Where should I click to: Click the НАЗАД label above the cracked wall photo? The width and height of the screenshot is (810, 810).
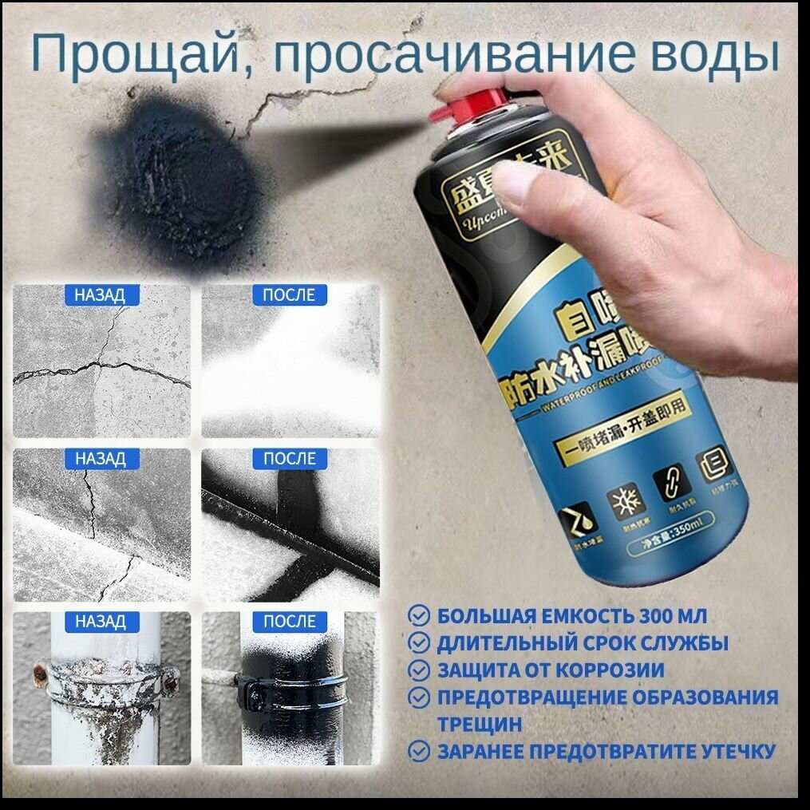[x=100, y=295]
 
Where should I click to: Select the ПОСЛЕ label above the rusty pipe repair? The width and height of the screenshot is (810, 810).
[x=289, y=622]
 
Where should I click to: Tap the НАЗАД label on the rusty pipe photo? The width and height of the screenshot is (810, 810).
[x=100, y=622]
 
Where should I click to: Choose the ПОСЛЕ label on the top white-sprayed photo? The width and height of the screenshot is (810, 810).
[x=289, y=295]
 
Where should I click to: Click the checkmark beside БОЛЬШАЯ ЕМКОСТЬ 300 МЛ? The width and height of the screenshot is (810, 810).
[x=418, y=615]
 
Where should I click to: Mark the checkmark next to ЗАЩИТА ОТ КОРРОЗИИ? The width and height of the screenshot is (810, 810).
[x=418, y=670]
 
